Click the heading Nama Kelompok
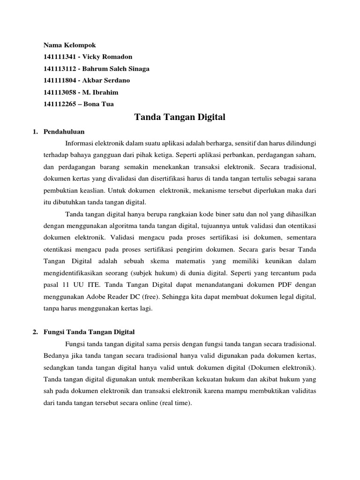[x=69, y=45]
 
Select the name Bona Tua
[x=98, y=104]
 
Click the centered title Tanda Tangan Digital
[x=180, y=117]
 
